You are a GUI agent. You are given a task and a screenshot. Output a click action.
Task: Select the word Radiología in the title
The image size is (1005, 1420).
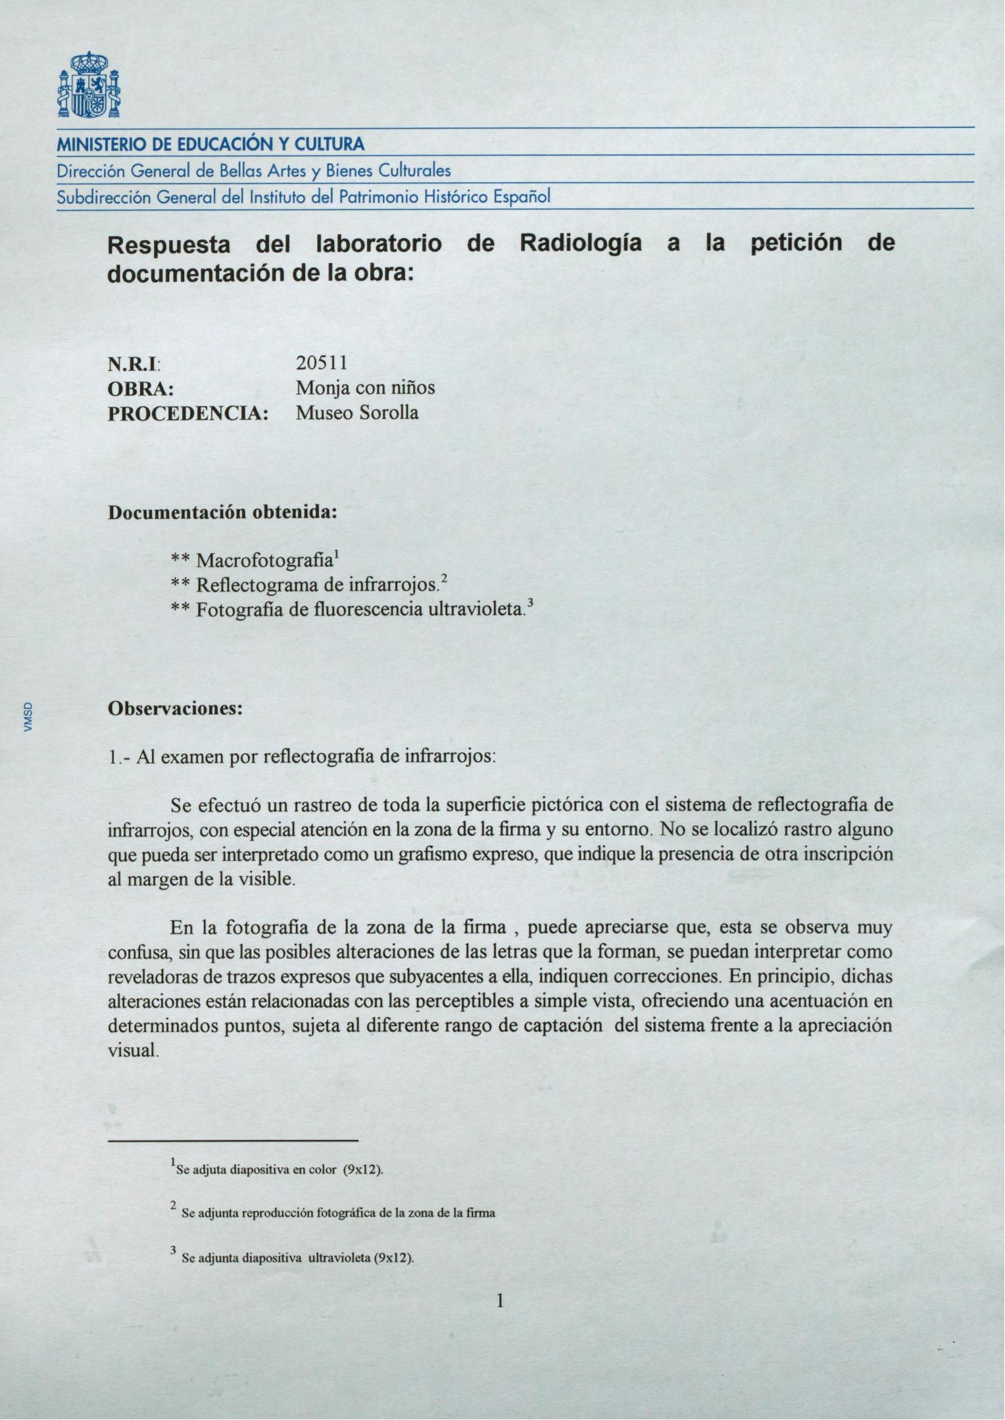pyautogui.click(x=580, y=243)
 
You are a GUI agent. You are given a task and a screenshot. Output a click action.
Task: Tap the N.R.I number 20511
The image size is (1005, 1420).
pyautogui.click(x=322, y=362)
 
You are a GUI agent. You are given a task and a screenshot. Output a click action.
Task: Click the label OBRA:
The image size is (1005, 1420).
pyautogui.click(x=140, y=388)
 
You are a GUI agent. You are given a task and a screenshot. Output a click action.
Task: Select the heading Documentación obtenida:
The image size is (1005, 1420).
pyautogui.click(x=222, y=512)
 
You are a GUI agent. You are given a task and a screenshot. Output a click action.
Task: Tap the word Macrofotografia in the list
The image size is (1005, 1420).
pyautogui.click(x=264, y=561)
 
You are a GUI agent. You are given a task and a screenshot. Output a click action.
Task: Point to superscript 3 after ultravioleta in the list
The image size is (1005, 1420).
pyautogui.click(x=529, y=604)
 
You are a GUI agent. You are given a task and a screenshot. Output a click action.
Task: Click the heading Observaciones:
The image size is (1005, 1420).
pyautogui.click(x=176, y=709)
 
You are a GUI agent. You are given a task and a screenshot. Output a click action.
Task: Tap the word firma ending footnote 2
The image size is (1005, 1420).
pyautogui.click(x=481, y=1213)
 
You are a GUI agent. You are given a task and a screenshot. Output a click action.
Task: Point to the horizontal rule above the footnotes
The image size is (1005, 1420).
pyautogui.click(x=233, y=1140)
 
